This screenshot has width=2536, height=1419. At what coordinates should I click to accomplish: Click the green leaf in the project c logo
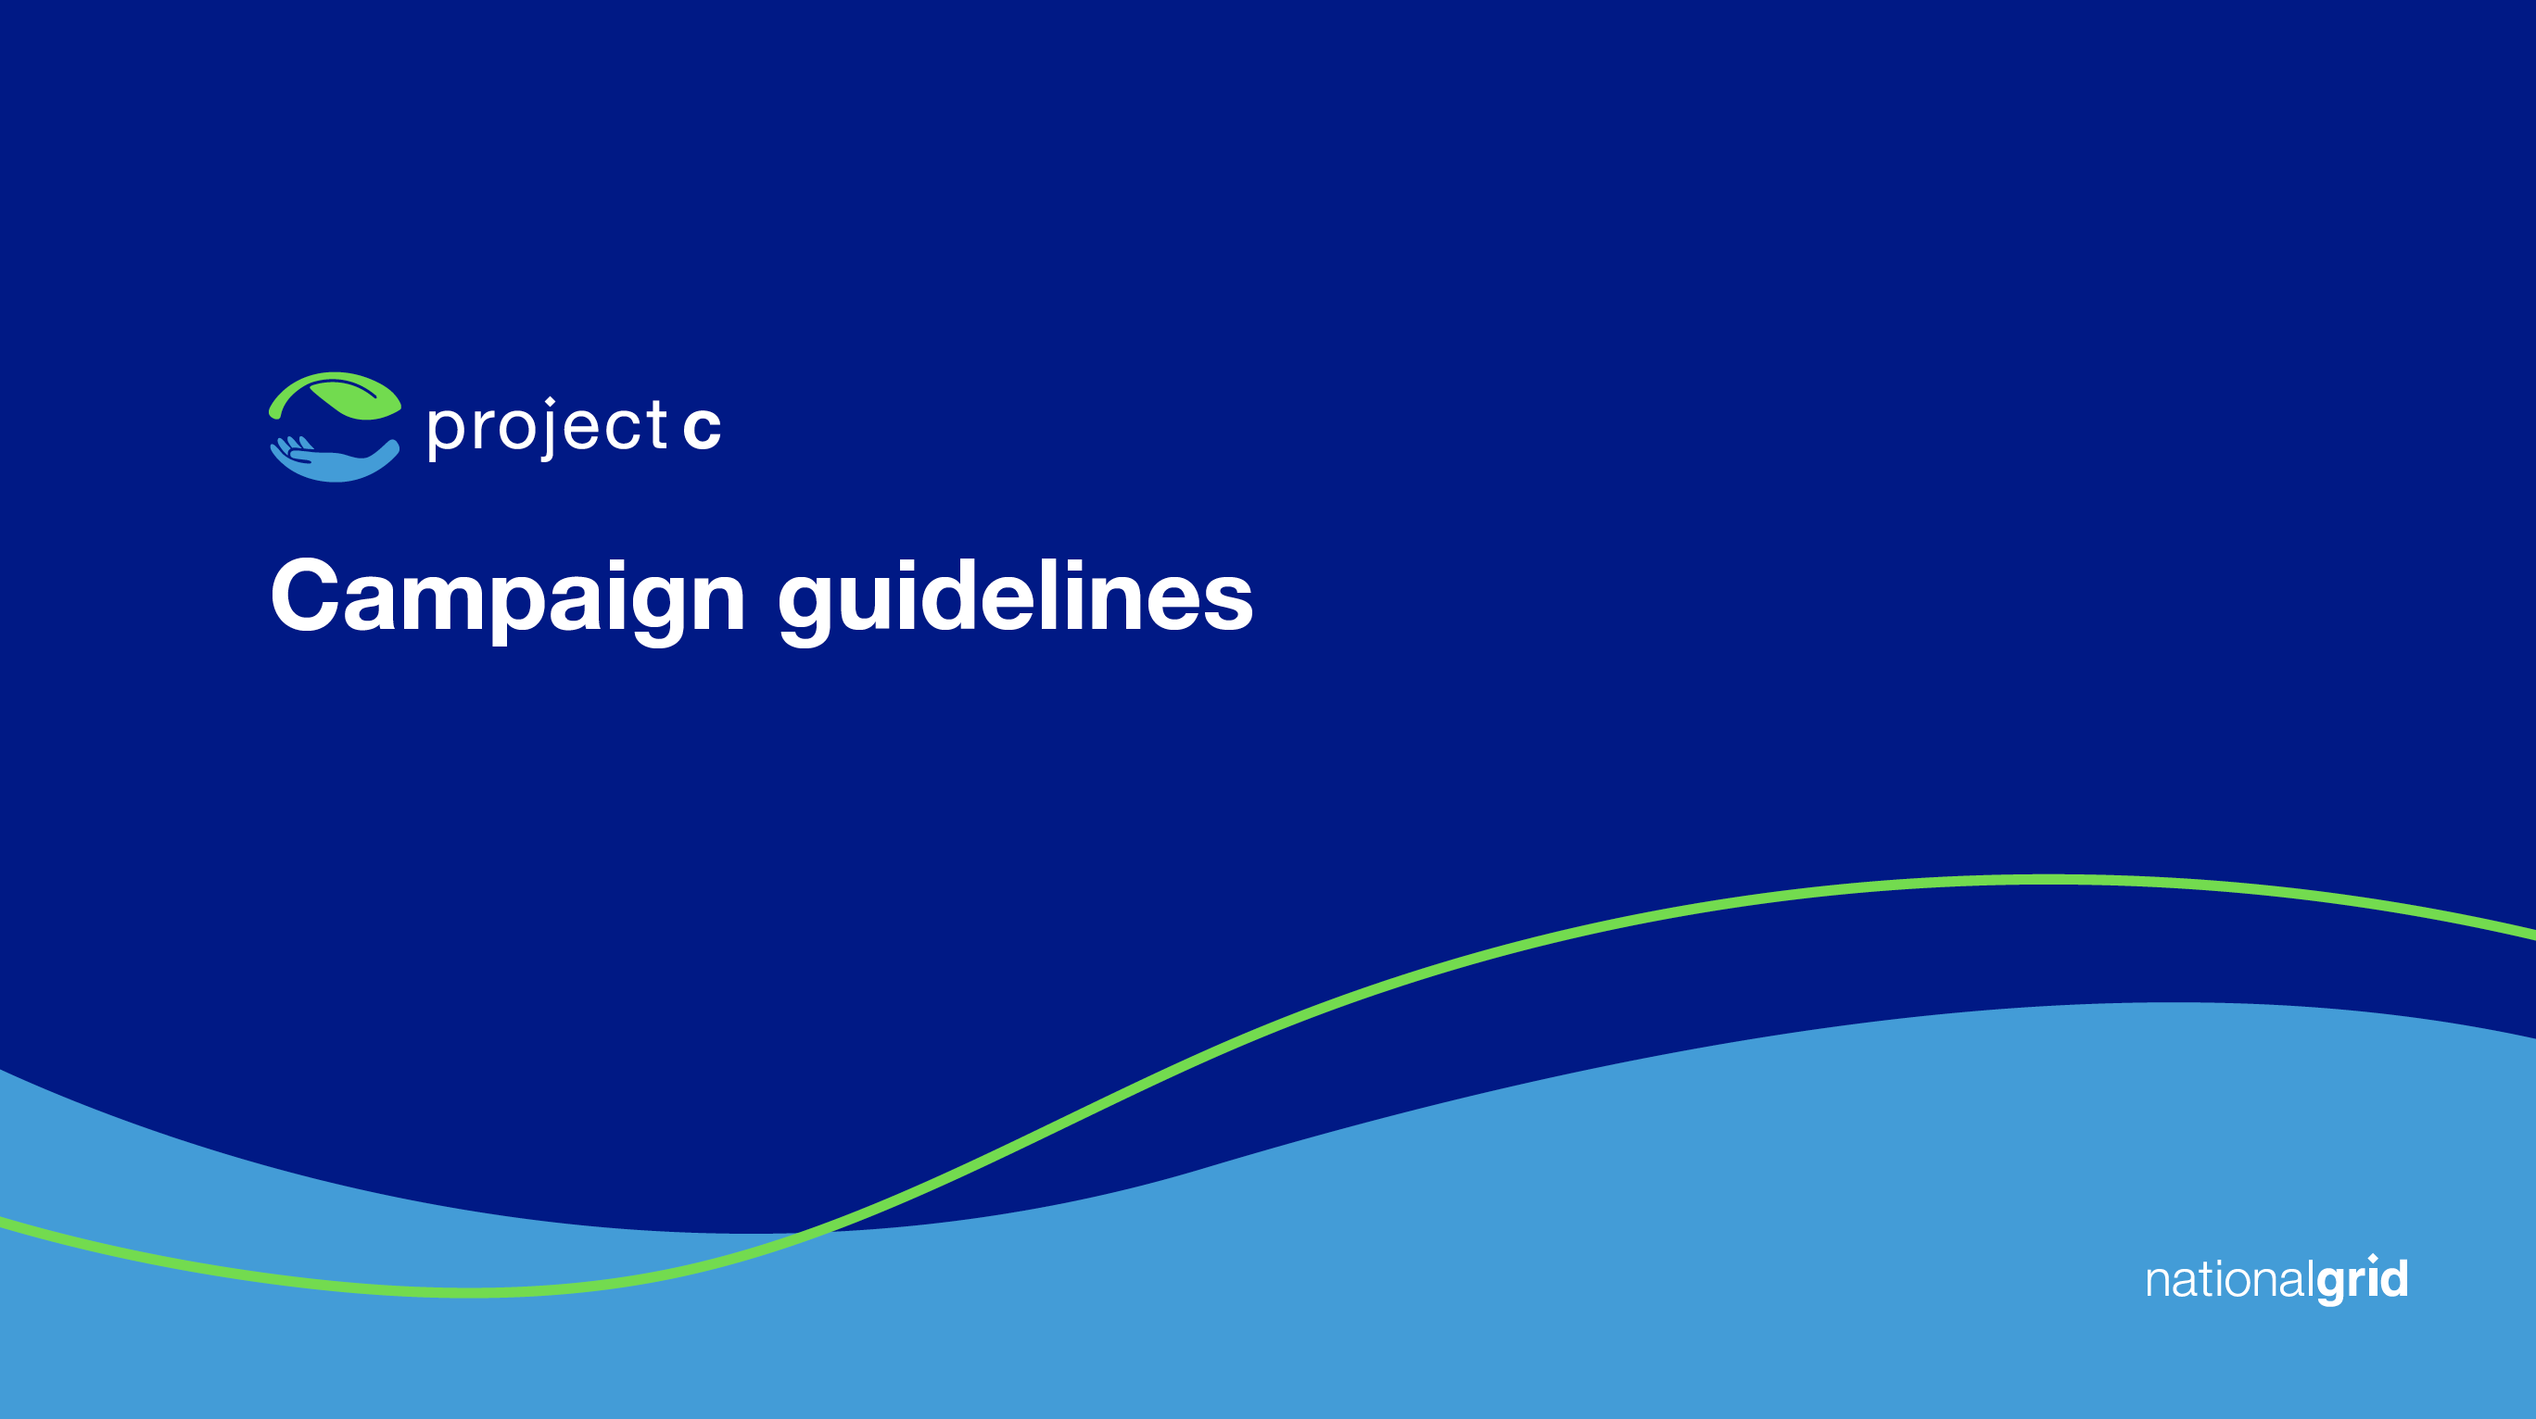point(335,396)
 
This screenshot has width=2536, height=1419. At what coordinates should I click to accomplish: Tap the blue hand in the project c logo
point(335,460)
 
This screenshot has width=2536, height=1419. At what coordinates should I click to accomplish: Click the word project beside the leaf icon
point(548,428)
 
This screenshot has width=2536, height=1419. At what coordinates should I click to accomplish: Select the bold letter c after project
point(702,428)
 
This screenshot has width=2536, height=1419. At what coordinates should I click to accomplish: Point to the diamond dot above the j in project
point(551,400)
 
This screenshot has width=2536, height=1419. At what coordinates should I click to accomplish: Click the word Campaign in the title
point(508,598)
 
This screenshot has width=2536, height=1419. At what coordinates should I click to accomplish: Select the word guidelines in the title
point(1015,598)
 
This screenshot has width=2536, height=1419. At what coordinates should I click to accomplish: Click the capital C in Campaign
point(304,594)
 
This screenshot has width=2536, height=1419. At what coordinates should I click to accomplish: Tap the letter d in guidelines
point(944,595)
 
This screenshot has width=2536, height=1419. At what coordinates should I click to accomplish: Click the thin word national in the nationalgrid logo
point(2230,1280)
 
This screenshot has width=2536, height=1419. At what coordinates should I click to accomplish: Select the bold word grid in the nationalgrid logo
point(2362,1280)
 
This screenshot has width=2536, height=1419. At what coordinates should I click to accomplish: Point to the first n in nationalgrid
point(2159,1283)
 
